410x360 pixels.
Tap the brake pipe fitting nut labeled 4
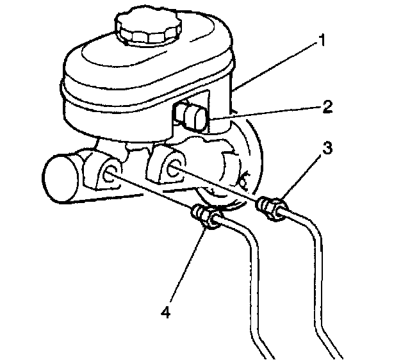[x=208, y=217]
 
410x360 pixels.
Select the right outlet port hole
[x=172, y=169]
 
